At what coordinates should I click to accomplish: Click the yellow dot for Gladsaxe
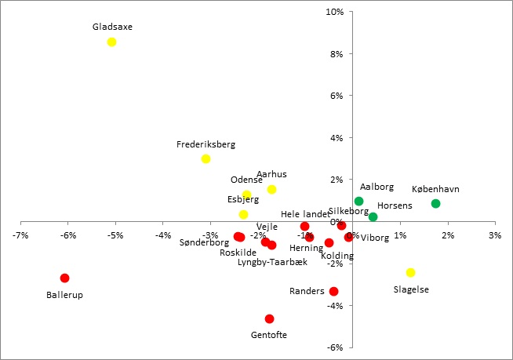111,42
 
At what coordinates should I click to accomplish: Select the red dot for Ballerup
64,278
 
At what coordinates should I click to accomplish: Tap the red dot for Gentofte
269,318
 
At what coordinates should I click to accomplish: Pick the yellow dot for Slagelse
410,272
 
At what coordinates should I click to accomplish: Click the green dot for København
435,203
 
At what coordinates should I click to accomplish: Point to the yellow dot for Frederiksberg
206,158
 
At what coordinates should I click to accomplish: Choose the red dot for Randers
333,291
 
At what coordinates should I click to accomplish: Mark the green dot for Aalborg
358,201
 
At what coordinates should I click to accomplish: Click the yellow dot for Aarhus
271,189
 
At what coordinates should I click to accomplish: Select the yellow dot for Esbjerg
243,214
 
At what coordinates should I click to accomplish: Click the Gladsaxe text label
112,27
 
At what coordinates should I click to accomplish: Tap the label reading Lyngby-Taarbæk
272,262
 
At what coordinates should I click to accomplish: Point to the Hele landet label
305,214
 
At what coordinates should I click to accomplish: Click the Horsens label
395,205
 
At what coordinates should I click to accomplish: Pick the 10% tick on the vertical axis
336,12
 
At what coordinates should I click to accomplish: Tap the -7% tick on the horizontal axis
21,235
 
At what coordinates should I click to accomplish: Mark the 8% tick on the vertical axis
337,53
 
